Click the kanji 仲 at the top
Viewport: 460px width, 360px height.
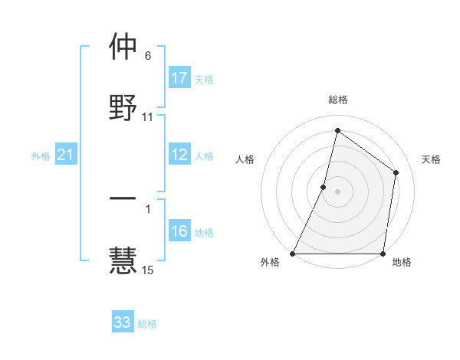click(x=123, y=47)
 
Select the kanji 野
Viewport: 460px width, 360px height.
click(x=123, y=108)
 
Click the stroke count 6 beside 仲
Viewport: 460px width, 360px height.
click(x=148, y=56)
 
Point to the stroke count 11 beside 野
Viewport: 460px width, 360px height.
click(x=148, y=117)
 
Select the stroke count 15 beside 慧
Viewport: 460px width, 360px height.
click(x=148, y=270)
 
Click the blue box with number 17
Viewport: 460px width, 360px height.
click(x=179, y=78)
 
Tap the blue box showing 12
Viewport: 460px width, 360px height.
click(x=179, y=155)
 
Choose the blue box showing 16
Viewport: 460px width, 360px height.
click(x=179, y=231)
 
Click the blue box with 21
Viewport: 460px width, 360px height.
click(x=65, y=155)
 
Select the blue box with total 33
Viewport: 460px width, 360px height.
click(x=123, y=322)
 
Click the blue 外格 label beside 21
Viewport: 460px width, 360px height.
click(x=41, y=156)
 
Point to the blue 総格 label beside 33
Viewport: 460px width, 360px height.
click(x=147, y=324)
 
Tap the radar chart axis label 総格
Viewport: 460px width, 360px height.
click(x=338, y=100)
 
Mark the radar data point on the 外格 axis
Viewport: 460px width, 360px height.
click(x=293, y=254)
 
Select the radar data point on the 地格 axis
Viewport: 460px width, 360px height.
click(x=383, y=254)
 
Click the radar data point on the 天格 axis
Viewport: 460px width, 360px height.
click(x=396, y=172)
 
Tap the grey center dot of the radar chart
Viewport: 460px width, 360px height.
click(x=338, y=191)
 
